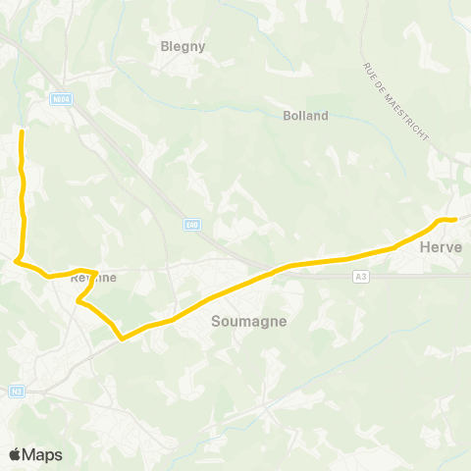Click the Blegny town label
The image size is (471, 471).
click(181, 44)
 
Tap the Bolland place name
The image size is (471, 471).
click(305, 116)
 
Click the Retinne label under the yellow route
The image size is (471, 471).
click(94, 278)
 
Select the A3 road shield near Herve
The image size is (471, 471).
click(360, 278)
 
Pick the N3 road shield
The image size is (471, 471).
click(17, 391)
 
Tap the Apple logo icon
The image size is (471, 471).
click(16, 454)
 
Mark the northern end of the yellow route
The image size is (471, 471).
click(22, 130)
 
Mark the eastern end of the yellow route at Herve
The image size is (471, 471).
click(457, 218)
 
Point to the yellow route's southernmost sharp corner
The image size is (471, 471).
click(122, 340)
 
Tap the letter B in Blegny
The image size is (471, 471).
click(164, 44)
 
